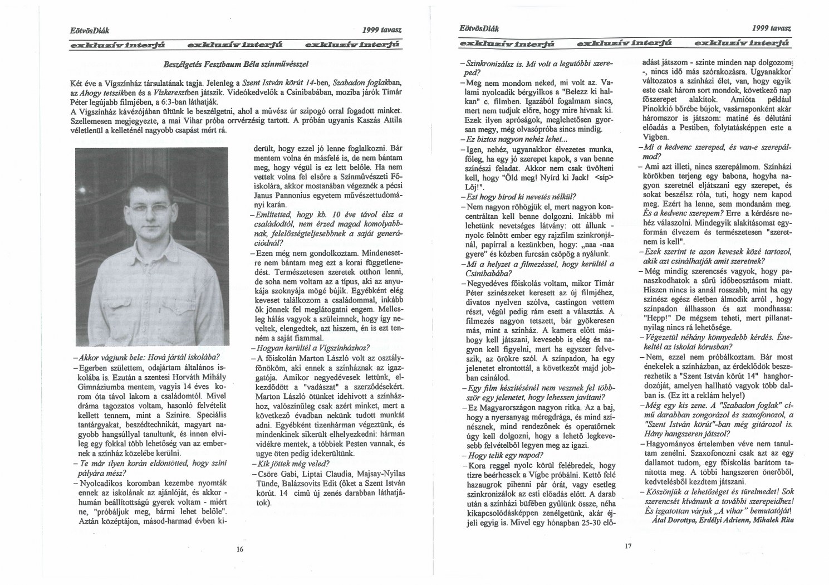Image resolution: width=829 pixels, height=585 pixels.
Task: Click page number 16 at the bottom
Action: (240, 549)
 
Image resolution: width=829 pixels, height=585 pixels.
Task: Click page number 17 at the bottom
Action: (627, 546)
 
